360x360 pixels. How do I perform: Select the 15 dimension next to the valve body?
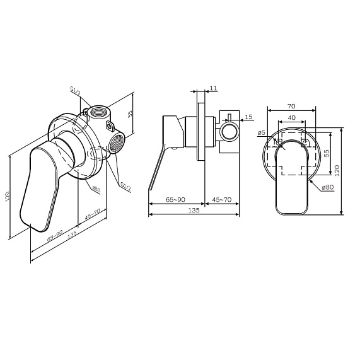248,117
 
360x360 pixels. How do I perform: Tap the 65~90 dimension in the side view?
175,199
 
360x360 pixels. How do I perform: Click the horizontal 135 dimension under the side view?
193,210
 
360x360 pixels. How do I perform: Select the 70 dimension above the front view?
291,107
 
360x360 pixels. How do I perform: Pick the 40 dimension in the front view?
291,118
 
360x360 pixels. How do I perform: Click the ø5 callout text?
261,133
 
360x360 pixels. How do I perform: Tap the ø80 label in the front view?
327,187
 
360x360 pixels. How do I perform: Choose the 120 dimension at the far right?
337,171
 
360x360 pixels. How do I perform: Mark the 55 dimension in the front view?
327,153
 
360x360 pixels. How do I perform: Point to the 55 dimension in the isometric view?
130,114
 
